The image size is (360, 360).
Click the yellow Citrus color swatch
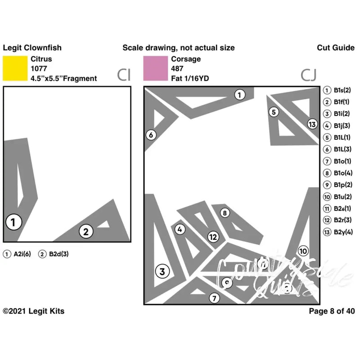tap(15, 68)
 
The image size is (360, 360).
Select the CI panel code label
tap(124, 75)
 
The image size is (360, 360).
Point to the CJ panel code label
tap(309, 75)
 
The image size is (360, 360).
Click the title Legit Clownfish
tap(32, 48)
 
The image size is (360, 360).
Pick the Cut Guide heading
tap(335, 48)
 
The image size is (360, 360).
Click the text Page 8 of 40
tap(332, 311)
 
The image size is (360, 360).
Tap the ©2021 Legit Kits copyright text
tap(33, 311)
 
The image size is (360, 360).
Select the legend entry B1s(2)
tap(342, 90)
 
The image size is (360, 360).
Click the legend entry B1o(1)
tap(342, 161)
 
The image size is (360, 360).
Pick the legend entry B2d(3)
tap(57, 254)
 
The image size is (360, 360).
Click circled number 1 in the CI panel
tap(13, 222)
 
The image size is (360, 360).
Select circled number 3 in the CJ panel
tap(162, 271)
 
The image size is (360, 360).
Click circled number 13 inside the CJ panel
tap(312, 124)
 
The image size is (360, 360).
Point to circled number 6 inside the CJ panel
tap(151, 135)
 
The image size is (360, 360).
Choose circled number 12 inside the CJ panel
tap(213, 237)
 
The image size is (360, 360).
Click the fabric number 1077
tap(39, 69)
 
